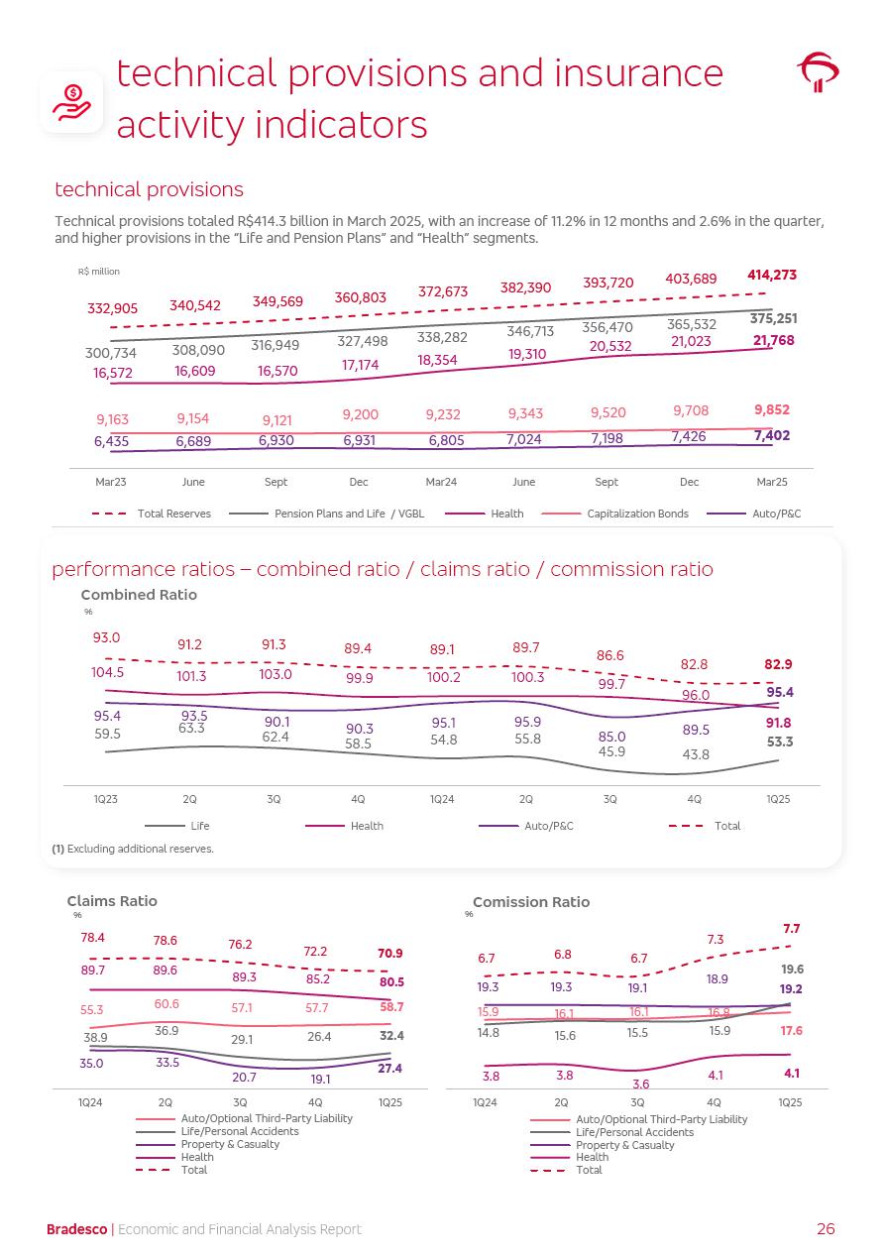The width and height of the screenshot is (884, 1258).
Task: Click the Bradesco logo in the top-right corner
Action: [818, 71]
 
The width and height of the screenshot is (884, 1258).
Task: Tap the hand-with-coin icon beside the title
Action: [71, 102]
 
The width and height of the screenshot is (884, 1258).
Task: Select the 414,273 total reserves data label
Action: [771, 275]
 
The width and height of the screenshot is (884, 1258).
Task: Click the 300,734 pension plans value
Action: [110, 353]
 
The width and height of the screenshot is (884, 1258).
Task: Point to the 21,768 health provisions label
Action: [773, 340]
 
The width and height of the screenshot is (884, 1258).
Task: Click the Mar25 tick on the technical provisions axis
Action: [771, 482]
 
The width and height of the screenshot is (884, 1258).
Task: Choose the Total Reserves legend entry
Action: [165, 514]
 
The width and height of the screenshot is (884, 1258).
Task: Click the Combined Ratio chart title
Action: [139, 595]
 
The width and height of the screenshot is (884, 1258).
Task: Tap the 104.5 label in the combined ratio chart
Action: [108, 671]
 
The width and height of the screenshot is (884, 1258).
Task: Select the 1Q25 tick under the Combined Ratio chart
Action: [778, 799]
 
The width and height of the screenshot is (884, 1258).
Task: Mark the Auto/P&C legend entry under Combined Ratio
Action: [548, 826]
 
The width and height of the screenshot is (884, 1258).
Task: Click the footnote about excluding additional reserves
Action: [133, 849]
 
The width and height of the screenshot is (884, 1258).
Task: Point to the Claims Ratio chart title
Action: [112, 901]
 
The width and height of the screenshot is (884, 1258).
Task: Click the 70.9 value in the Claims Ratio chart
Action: [390, 954]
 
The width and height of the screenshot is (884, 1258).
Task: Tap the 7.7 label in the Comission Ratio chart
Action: [791, 929]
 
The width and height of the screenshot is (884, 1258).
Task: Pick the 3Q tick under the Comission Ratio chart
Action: [637, 1102]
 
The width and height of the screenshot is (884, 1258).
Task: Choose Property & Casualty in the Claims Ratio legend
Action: [230, 1144]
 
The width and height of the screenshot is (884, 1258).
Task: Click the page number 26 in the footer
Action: [826, 1229]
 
